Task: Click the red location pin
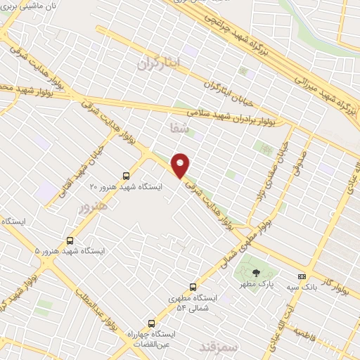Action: (x=181, y=165)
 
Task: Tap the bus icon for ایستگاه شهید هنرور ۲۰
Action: (x=126, y=176)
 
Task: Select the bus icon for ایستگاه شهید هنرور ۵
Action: (x=69, y=240)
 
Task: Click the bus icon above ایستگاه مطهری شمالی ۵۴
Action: (x=193, y=287)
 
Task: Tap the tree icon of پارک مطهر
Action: (x=255, y=273)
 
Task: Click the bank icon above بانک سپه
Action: (x=302, y=276)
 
